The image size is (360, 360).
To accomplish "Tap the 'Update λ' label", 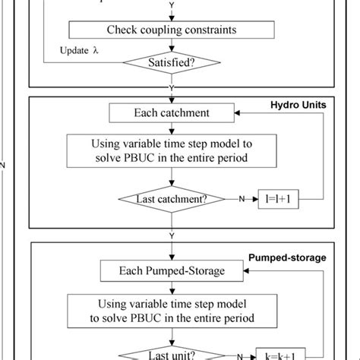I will tap(80, 52).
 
